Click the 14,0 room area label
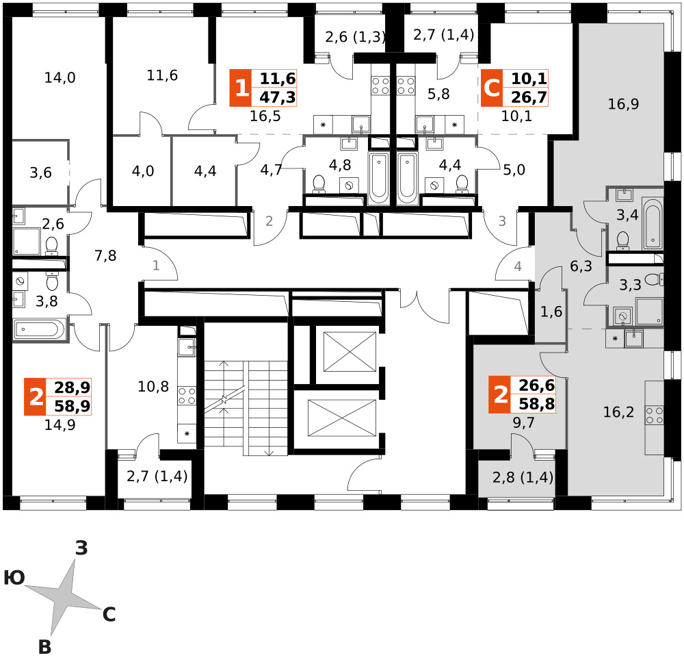tap(60, 78)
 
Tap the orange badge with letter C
tap(492, 88)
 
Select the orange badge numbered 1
tap(241, 88)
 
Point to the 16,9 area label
tap(623, 104)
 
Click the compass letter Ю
tap(14, 578)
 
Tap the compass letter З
tap(81, 548)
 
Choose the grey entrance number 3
tap(502, 221)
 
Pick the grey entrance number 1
tap(156, 265)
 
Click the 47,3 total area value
tap(278, 97)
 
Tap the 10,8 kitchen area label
tap(153, 386)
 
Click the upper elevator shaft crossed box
tap(350, 352)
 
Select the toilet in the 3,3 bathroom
tap(654, 279)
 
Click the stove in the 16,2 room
tap(655, 415)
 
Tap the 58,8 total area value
tap(536, 405)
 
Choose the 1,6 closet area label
tap(551, 311)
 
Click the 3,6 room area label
tap(40, 173)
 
